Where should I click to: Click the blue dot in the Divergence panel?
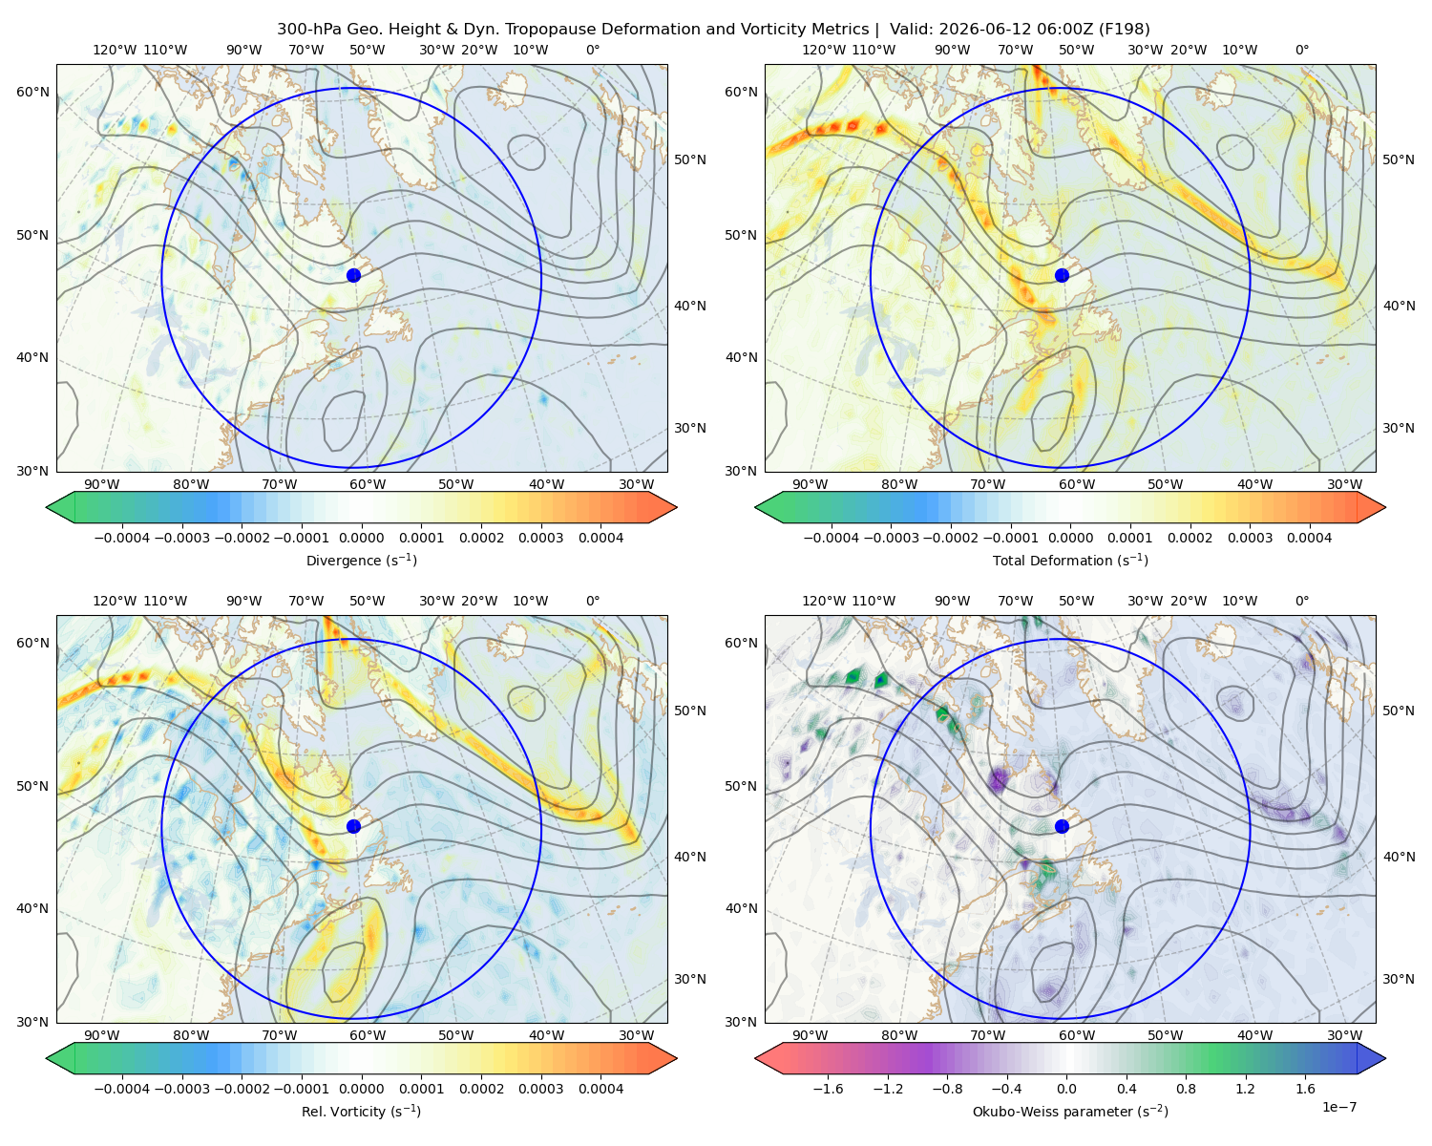coord(353,275)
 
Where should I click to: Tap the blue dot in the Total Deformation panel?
coord(1062,275)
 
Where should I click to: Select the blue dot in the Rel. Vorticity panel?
coord(353,826)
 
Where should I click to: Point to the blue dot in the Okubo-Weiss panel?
coord(1062,826)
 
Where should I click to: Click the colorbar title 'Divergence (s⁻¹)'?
coord(361,560)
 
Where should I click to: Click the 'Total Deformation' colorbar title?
coord(1070,560)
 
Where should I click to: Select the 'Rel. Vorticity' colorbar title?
coord(361,1111)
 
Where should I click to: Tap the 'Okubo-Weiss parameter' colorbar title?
coord(1070,1111)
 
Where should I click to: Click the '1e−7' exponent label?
coord(1338,1107)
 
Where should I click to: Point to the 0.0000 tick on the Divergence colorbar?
coord(361,538)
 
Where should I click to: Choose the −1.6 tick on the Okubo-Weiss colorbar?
coord(828,1088)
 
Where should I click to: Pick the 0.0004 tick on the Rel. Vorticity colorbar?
coord(600,1088)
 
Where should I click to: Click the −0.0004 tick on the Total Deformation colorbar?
coord(832,538)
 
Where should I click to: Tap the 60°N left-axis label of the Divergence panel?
coord(32,92)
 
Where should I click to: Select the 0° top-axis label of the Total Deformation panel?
coord(1301,50)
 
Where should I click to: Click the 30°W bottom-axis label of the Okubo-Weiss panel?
coord(1344,1035)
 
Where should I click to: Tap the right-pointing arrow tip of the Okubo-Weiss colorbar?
coord(1385,1058)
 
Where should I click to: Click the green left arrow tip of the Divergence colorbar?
coord(47,507)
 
